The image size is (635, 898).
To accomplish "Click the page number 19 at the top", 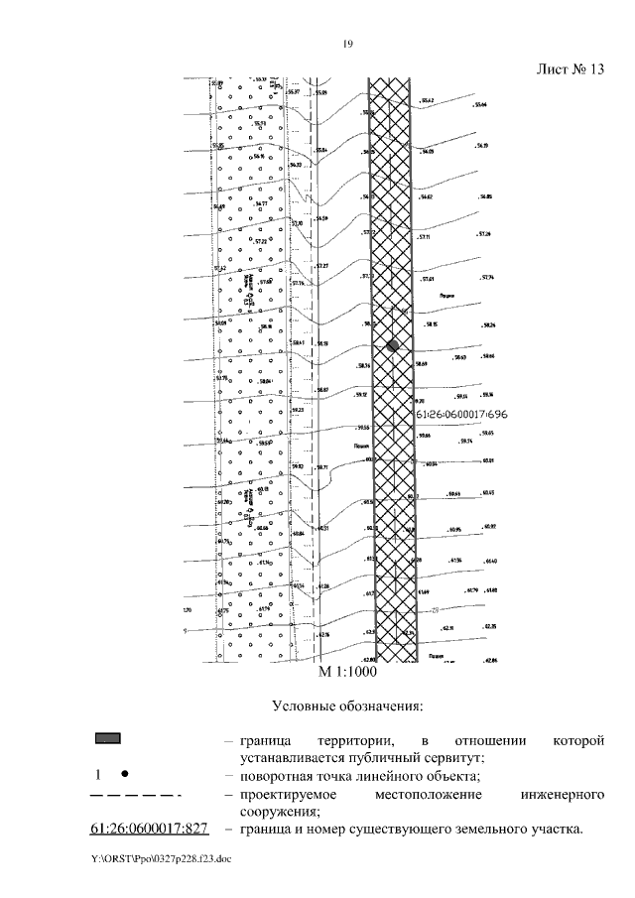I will point(348,43).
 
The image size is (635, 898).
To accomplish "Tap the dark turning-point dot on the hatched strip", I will point(393,345).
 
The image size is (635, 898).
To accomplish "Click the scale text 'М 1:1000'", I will point(347,672).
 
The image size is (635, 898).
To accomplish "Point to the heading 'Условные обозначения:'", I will point(347,706).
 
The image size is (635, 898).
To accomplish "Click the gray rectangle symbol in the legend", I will point(107,739).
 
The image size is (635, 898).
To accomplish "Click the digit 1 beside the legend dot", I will point(98,774).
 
